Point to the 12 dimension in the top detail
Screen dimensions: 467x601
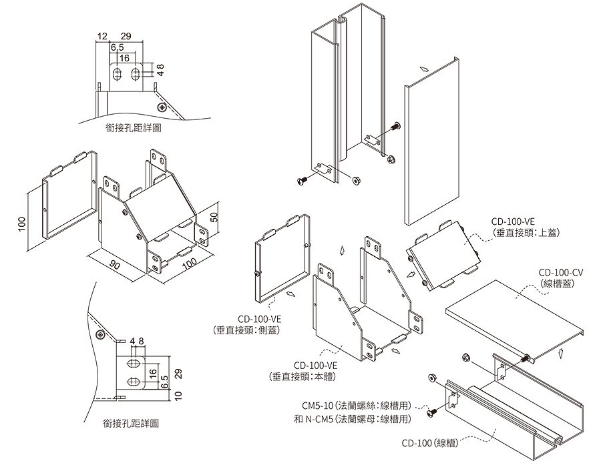click(x=102, y=35)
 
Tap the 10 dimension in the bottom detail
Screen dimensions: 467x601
click(x=178, y=396)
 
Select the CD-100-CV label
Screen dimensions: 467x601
click(x=561, y=272)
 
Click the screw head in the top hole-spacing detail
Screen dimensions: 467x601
click(x=161, y=107)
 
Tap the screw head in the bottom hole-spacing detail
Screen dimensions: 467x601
click(x=99, y=334)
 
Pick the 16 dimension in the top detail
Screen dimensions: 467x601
click(x=124, y=59)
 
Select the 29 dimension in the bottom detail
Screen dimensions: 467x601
click(x=178, y=374)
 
